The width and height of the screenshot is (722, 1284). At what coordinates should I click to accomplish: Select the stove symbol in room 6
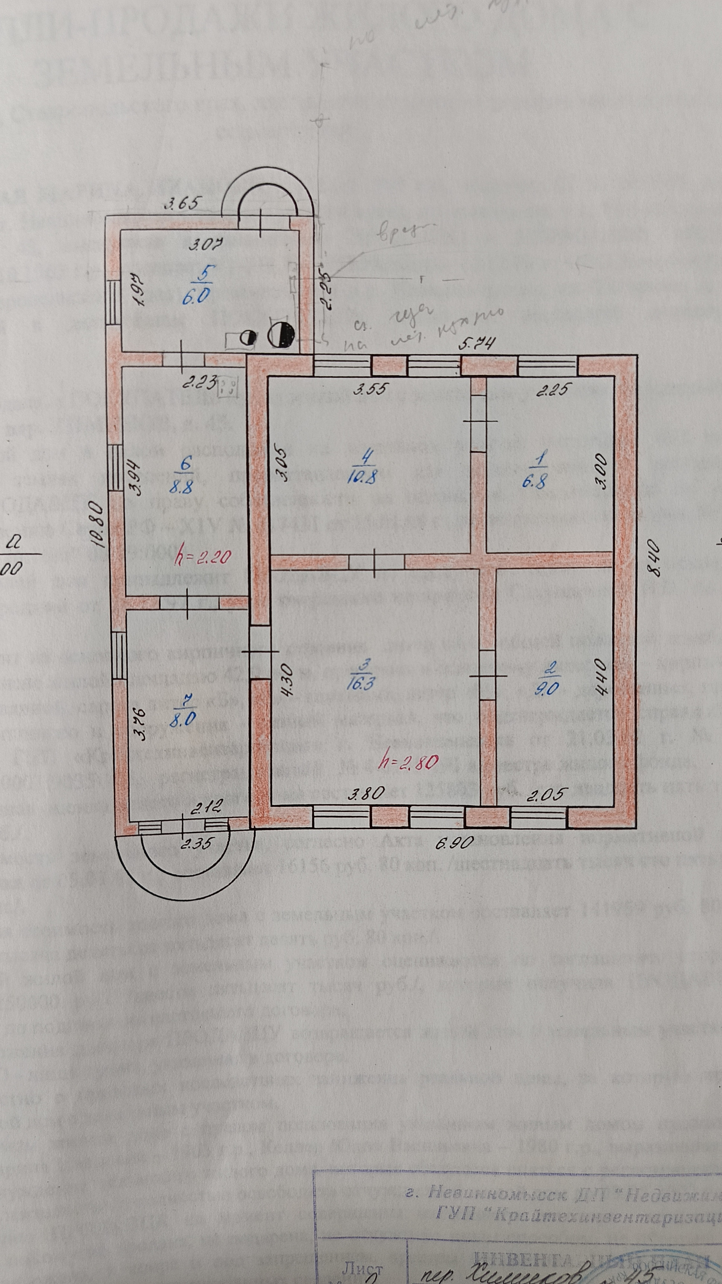click(229, 386)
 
